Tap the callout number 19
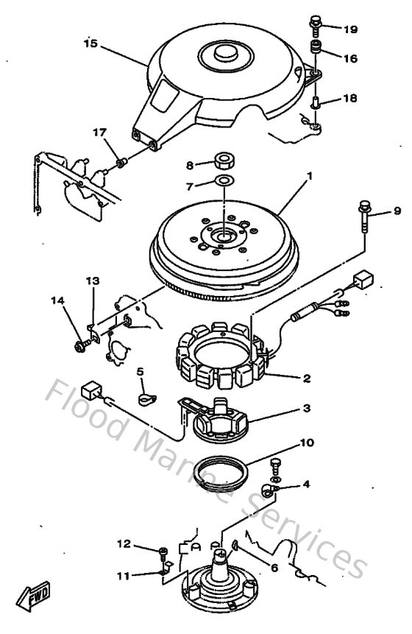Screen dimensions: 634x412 pyautogui.click(x=349, y=29)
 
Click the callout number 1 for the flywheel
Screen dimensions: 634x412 pyautogui.click(x=310, y=177)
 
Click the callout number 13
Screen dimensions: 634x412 pyautogui.click(x=91, y=281)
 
